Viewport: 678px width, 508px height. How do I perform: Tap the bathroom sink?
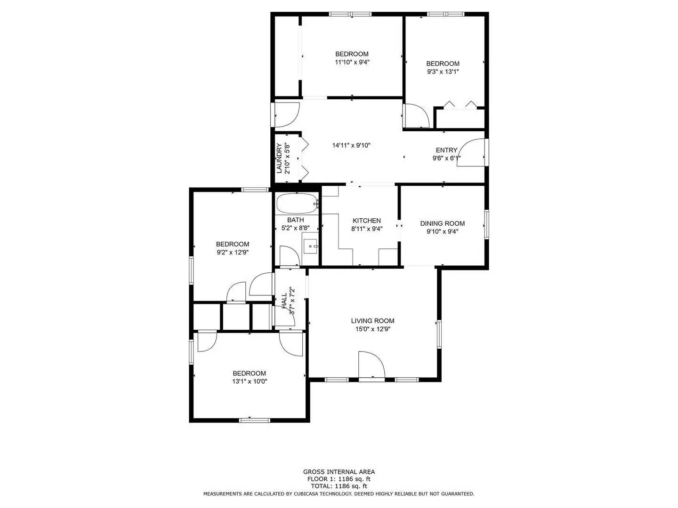pos(311,246)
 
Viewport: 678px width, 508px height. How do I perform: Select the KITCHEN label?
pos(367,221)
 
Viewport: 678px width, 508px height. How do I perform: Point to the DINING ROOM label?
pos(442,223)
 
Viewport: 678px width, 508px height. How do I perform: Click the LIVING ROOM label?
pos(372,321)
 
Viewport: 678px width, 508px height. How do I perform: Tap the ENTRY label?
pos(446,151)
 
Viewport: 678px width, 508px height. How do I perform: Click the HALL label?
pos(284,301)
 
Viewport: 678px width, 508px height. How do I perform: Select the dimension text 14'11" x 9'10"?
pos(351,145)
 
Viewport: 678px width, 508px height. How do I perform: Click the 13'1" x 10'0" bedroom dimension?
pos(250,381)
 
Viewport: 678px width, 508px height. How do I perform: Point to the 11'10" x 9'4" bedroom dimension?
pos(352,62)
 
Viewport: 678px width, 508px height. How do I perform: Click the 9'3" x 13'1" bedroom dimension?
pos(443,72)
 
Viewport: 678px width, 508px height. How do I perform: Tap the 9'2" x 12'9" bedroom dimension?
pos(233,252)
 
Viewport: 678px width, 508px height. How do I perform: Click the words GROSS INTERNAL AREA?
pos(339,472)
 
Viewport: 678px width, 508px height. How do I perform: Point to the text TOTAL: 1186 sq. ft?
pos(339,486)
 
